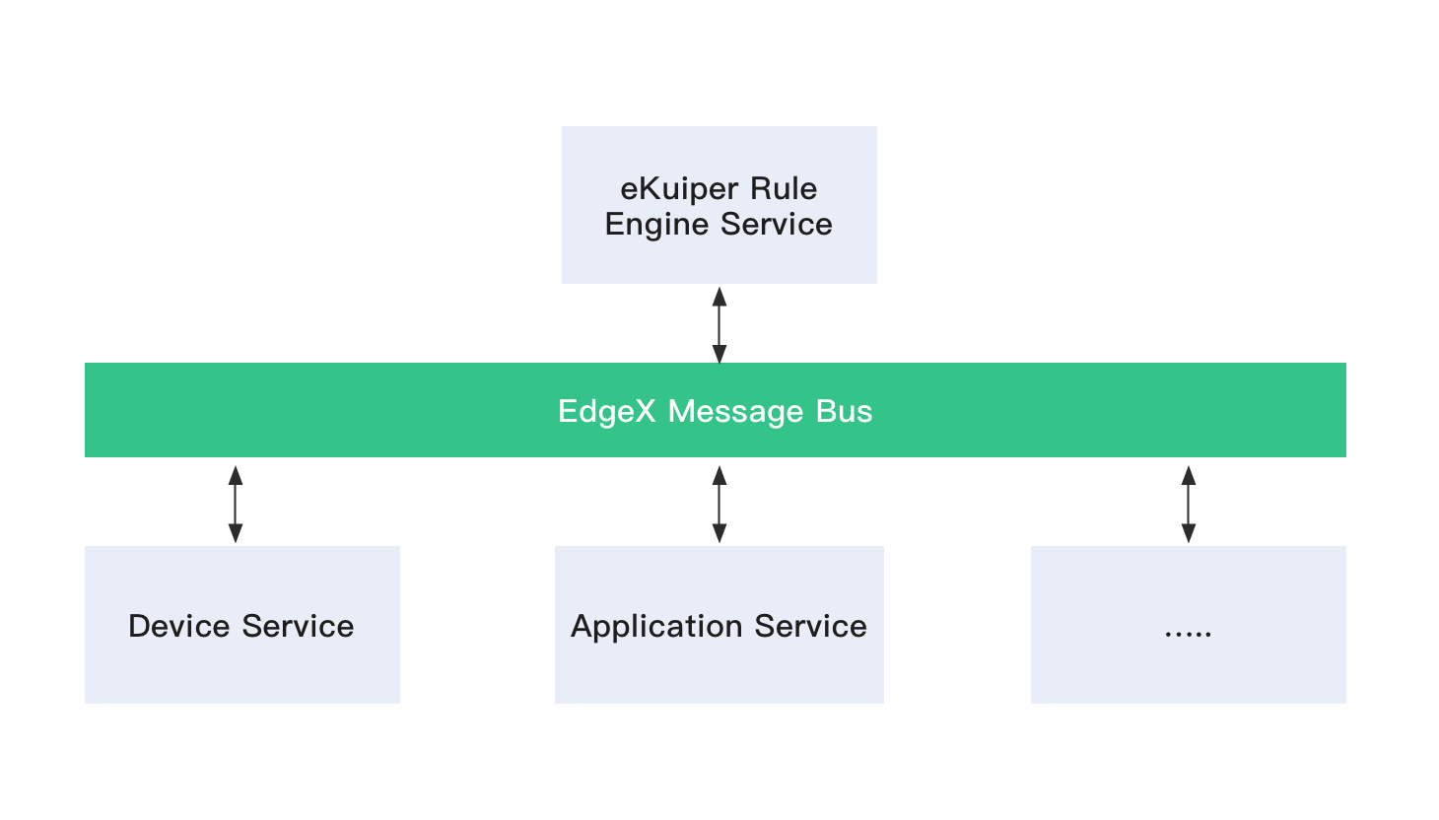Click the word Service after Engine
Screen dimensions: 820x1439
[776, 225]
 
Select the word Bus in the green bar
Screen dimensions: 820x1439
[844, 411]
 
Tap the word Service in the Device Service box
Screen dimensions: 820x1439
[298, 627]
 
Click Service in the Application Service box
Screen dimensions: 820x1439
[810, 627]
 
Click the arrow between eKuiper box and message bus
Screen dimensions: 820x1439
[719, 324]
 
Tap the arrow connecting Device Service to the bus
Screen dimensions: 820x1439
[236, 504]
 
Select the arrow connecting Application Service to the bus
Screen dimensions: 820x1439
[719, 504]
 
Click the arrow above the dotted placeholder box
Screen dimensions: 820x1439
[1189, 504]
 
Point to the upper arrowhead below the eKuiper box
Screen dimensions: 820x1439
[719, 296]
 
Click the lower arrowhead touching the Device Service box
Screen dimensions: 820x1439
[236, 534]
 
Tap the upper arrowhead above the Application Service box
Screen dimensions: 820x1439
[719, 474]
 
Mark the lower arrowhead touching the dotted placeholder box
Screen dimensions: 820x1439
[1189, 534]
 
